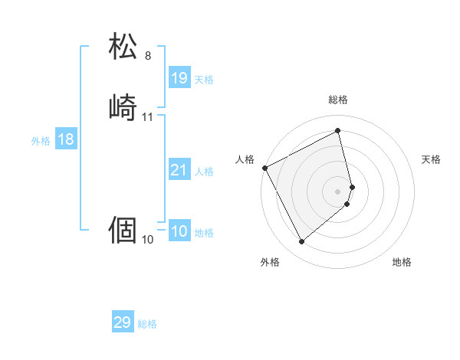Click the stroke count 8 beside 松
click(148, 56)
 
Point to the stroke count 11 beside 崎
click(148, 117)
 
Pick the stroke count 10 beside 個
click(148, 240)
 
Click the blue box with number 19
click(179, 78)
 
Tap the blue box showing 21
click(179, 170)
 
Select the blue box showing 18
click(65, 139)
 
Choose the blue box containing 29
click(123, 322)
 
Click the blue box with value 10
click(179, 231)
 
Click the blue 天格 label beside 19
click(204, 80)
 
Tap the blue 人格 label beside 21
click(204, 172)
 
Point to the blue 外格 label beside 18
click(41, 141)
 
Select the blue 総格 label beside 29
click(147, 324)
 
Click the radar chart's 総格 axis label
click(338, 100)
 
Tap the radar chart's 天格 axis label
click(432, 159)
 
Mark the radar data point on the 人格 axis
click(264, 168)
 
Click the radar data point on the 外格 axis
click(301, 242)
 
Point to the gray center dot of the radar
click(338, 191)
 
